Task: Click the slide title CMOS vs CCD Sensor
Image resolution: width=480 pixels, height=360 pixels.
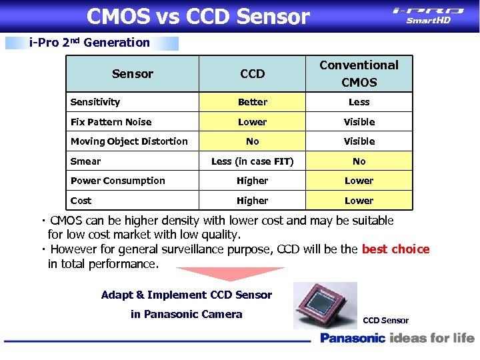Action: tap(198, 16)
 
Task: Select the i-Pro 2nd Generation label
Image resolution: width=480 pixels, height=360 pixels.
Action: tap(91, 43)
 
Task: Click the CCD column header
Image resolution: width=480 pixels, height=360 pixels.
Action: tap(252, 74)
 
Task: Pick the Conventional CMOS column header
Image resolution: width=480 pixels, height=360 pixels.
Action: tap(359, 73)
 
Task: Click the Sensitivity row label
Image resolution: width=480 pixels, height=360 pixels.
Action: tap(95, 102)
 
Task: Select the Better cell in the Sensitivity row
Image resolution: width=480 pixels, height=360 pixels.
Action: tap(252, 102)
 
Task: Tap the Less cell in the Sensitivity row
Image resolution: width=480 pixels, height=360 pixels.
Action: tap(359, 102)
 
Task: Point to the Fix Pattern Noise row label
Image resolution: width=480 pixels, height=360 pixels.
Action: tap(111, 122)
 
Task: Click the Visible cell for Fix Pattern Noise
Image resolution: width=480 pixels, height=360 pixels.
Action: tap(359, 122)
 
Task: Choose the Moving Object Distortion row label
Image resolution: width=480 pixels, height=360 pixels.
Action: tap(129, 141)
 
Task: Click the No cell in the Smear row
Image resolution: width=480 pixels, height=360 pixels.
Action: tap(359, 161)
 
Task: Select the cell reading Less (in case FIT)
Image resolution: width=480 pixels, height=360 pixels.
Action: tap(252, 161)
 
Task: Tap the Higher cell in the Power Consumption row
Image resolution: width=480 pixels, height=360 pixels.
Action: tap(252, 181)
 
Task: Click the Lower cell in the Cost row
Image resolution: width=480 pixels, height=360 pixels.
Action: tap(359, 201)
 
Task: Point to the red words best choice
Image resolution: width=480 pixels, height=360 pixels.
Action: tap(395, 249)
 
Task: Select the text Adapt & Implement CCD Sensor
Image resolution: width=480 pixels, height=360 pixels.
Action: tap(187, 295)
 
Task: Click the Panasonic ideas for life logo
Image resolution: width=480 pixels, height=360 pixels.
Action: tap(397, 338)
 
